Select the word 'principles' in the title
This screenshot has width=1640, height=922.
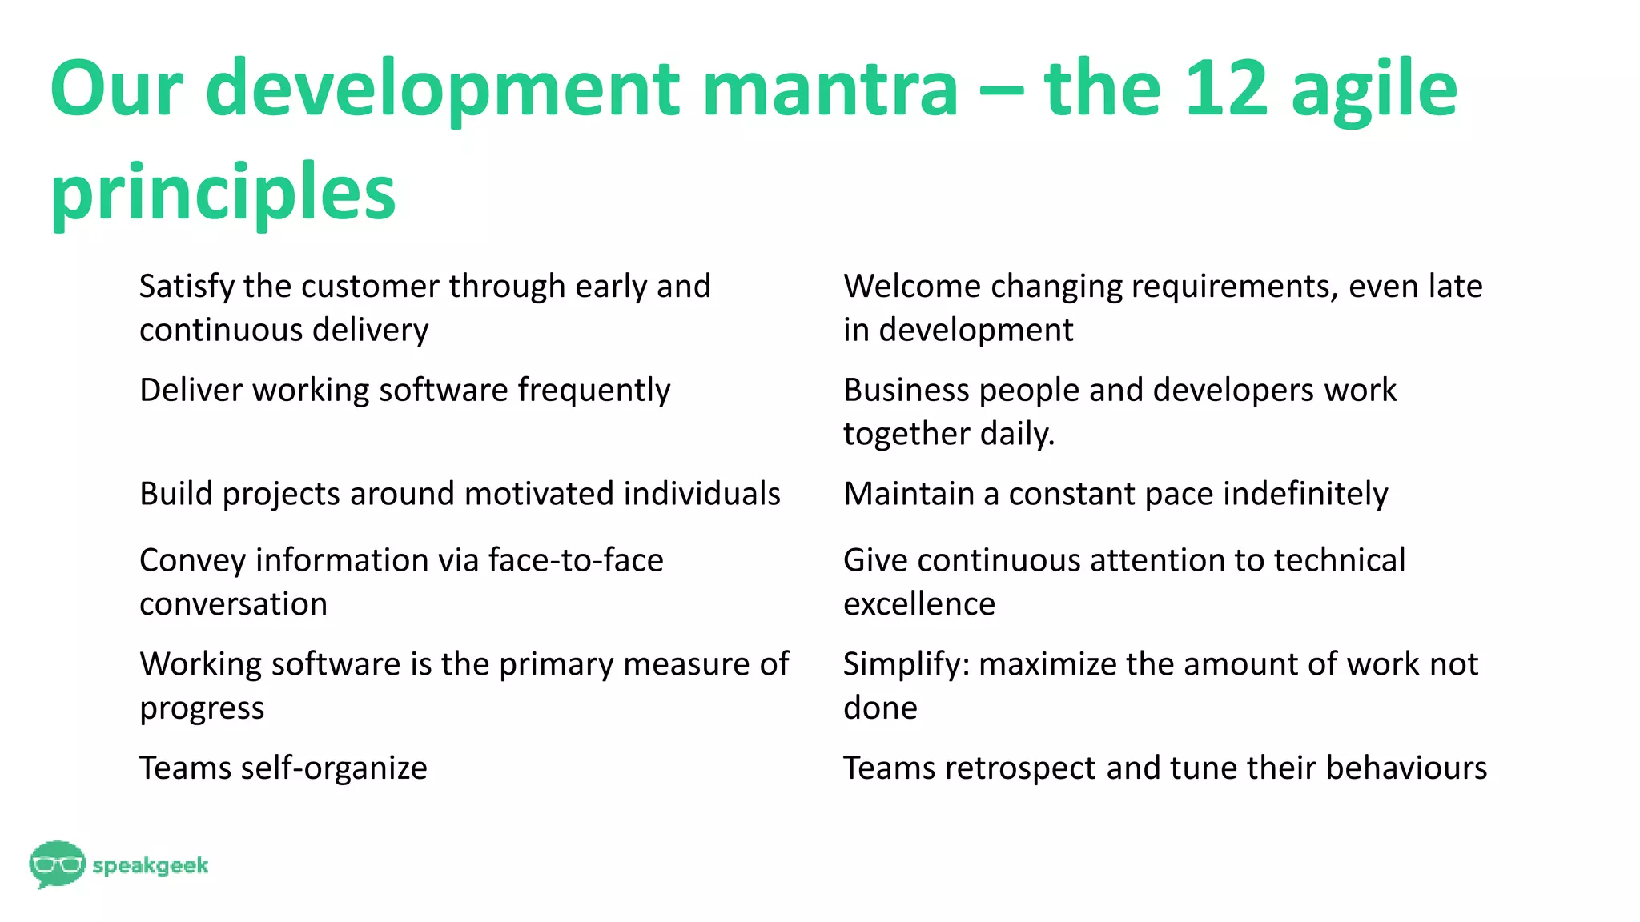coord(223,194)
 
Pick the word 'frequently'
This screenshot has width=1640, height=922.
coord(593,391)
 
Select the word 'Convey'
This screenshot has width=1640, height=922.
coord(191,560)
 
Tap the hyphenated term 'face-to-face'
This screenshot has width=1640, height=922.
coord(576,560)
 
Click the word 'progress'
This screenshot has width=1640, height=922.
coord(202,708)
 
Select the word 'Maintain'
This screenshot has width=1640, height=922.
coord(909,494)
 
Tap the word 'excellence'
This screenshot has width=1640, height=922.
coord(919,603)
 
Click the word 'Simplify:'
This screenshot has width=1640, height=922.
coord(906,664)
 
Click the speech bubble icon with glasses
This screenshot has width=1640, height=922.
coord(56,864)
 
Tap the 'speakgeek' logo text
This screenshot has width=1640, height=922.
coord(151,865)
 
